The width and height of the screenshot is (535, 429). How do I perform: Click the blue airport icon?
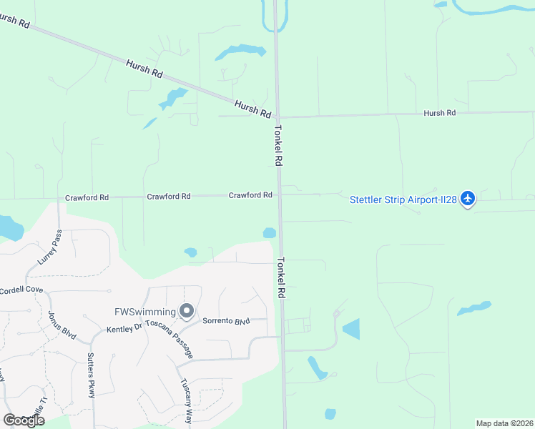[468, 198]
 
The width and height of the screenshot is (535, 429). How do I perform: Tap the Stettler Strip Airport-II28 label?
[403, 199]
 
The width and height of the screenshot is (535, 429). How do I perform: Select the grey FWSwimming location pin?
[187, 311]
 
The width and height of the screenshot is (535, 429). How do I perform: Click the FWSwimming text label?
[145, 312]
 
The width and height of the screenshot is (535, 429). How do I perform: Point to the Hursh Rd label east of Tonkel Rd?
[439, 113]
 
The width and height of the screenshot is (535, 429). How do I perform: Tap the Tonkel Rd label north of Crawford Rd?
[278, 147]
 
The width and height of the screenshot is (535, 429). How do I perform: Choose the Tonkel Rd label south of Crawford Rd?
[281, 277]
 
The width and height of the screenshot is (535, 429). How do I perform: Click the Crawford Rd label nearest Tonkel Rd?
[250, 194]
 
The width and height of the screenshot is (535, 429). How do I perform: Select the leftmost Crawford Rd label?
[87, 197]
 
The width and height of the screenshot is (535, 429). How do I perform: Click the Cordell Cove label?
[21, 290]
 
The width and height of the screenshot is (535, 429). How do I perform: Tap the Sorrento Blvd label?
[226, 321]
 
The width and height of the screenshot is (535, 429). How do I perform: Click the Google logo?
[24, 420]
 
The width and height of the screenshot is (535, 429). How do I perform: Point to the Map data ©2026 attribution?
[504, 423]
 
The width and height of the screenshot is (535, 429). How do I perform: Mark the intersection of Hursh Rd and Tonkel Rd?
[278, 117]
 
